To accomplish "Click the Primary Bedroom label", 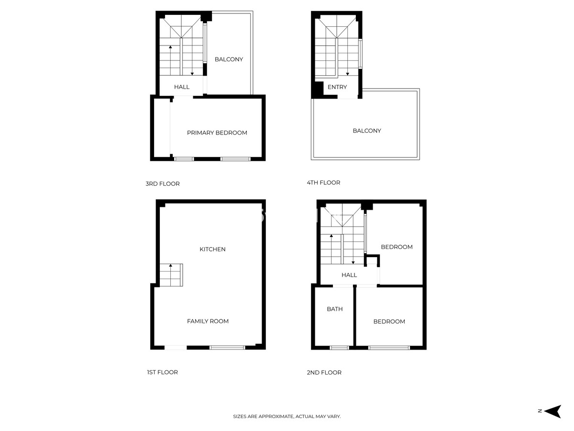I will (x=217, y=133).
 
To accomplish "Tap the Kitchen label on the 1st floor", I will (x=212, y=249).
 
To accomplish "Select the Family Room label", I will (x=208, y=321).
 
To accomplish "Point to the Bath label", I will (x=335, y=309).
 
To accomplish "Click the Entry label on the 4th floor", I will (x=337, y=87).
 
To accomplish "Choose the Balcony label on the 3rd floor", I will (x=229, y=59).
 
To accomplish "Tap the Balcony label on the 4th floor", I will (x=367, y=131).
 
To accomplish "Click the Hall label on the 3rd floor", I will (x=182, y=87).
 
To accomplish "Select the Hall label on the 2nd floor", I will (x=349, y=275).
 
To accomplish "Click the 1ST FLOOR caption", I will (x=162, y=372).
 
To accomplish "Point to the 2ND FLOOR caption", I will (x=324, y=372).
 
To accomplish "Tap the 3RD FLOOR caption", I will (x=163, y=183).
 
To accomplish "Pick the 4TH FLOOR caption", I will (x=323, y=182).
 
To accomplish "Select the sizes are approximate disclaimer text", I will (x=287, y=417).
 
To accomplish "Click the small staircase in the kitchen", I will (x=171, y=275).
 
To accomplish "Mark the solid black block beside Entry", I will (x=317, y=90).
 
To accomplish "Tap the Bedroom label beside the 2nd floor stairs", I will (x=397, y=247).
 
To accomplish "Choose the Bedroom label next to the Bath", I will (x=389, y=321).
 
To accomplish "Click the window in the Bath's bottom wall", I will (x=340, y=347).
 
